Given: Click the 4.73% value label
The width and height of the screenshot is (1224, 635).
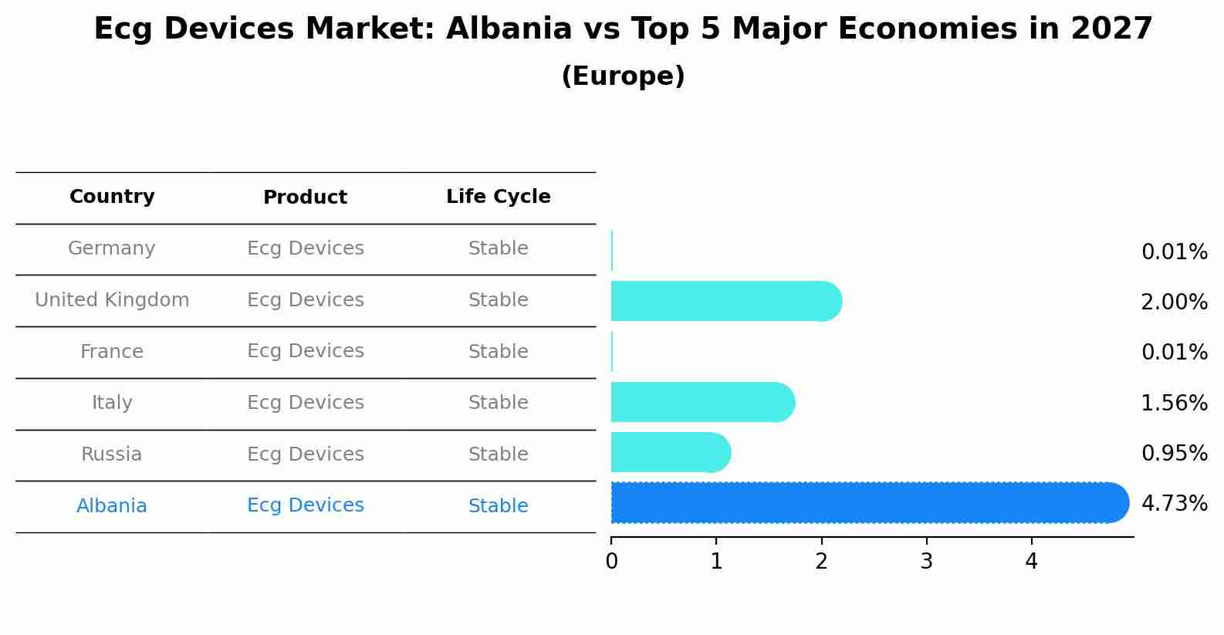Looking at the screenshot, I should pyautogui.click(x=1174, y=504).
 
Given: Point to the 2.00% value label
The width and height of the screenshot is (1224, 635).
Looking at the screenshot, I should pyautogui.click(x=1174, y=302).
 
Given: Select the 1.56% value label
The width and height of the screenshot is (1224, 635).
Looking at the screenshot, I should pyautogui.click(x=1174, y=403).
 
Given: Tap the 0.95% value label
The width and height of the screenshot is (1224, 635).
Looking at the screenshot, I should pyautogui.click(x=1174, y=454).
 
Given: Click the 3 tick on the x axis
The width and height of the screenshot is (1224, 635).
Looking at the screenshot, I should pyautogui.click(x=926, y=562).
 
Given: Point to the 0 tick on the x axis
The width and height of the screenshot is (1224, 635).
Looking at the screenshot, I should pyautogui.click(x=611, y=562).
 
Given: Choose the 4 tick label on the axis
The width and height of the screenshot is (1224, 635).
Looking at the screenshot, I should pyautogui.click(x=1031, y=562).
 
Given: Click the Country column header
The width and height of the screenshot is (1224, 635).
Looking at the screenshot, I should pyautogui.click(x=112, y=197).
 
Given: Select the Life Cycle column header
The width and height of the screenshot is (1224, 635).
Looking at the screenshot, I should pyautogui.click(x=498, y=197).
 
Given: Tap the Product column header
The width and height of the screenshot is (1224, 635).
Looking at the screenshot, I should pyautogui.click(x=305, y=198).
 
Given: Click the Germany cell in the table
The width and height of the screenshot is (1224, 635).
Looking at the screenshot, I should pyautogui.click(x=112, y=248).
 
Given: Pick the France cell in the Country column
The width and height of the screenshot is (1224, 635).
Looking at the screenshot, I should pyautogui.click(x=112, y=352).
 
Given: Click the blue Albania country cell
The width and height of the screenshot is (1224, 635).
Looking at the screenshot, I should pyautogui.click(x=112, y=506).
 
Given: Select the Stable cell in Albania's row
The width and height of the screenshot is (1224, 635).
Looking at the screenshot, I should pyautogui.click(x=498, y=506).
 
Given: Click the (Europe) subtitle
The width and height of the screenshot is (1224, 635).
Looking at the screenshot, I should pyautogui.click(x=623, y=76).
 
